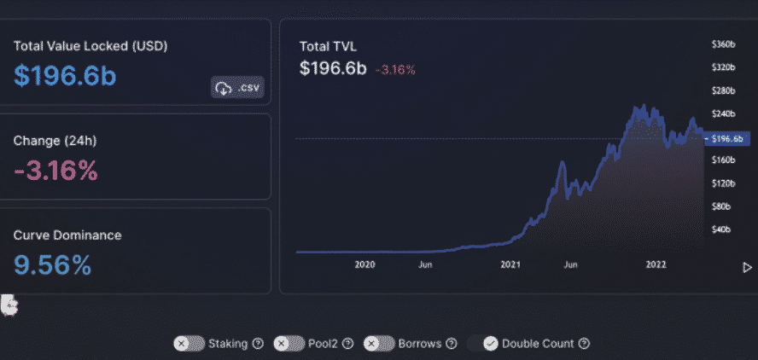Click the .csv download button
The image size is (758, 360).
click(x=237, y=88)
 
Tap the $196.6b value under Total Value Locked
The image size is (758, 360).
click(x=65, y=75)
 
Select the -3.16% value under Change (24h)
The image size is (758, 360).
click(x=55, y=171)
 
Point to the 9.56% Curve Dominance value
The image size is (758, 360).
click(x=52, y=265)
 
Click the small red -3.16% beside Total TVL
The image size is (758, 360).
click(x=395, y=70)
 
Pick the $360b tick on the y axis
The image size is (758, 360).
click(x=724, y=44)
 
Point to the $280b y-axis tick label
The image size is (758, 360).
click(x=724, y=90)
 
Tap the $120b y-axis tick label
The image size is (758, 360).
click(x=724, y=183)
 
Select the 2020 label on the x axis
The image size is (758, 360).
click(x=365, y=265)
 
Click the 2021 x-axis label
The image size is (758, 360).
click(x=510, y=265)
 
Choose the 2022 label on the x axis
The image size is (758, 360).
click(x=656, y=265)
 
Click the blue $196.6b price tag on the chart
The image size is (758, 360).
click(x=726, y=137)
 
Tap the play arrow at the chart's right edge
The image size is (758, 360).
click(x=748, y=267)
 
